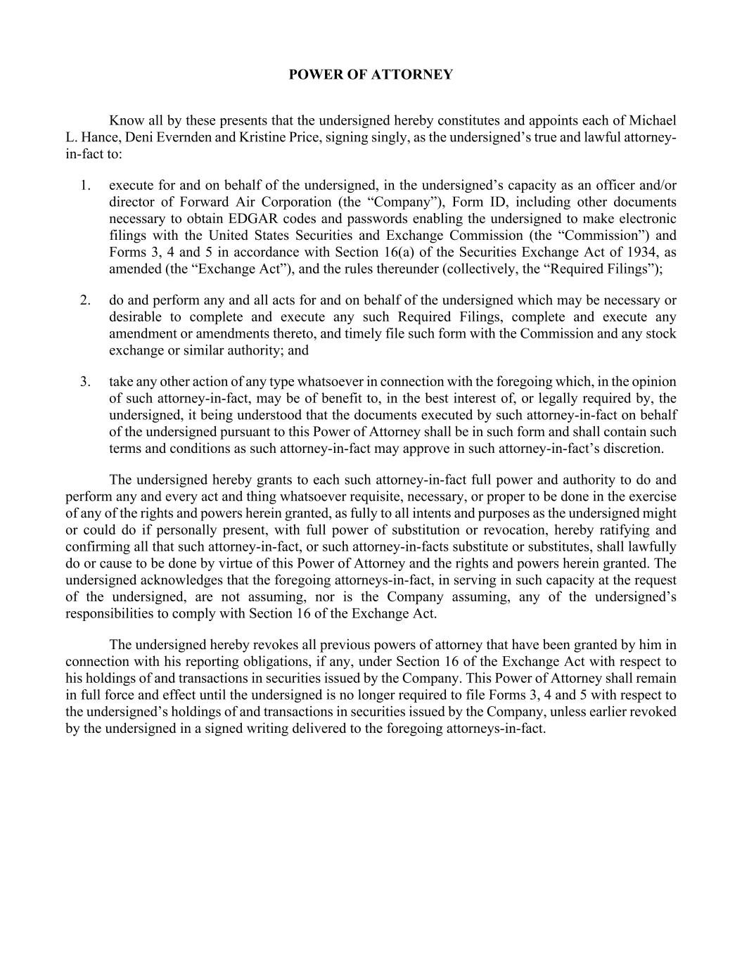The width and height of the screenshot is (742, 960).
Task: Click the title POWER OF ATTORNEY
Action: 371,75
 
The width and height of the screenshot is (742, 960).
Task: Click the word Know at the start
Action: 125,120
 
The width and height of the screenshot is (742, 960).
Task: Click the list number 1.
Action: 85,186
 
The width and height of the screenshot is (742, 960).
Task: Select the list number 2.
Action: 85,300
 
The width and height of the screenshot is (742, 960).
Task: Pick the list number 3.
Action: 85,382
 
